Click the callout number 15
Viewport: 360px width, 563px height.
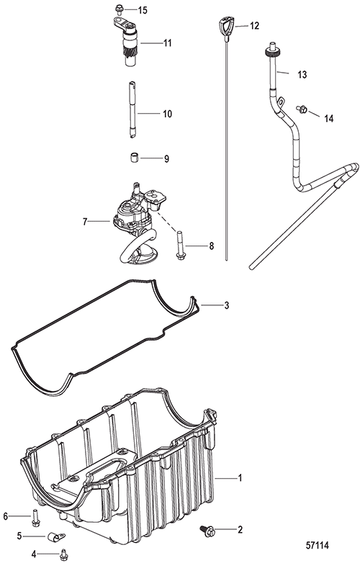pos(143,10)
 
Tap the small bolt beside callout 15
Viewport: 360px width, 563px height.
pos(119,8)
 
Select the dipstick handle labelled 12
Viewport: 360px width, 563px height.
pos(226,26)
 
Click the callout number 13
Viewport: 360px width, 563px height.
pos(302,75)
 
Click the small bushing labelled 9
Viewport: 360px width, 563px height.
pos(134,158)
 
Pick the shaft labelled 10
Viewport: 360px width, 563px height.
pos(132,109)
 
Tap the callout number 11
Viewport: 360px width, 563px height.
pos(168,43)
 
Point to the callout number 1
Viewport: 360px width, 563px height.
pos(240,478)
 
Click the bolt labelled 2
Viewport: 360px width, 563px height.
pos(207,531)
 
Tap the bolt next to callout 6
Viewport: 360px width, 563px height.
pos(35,518)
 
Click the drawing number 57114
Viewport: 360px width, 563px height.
pos(318,546)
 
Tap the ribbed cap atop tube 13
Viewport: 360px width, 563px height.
pos(271,52)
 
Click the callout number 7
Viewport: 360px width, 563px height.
pos(85,222)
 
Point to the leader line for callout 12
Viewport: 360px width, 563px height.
pos(241,26)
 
